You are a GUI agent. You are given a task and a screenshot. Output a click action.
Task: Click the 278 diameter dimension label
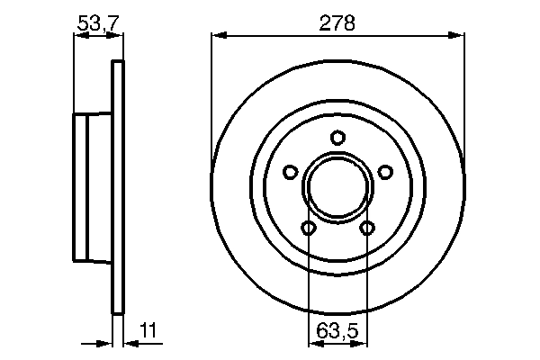tap(337, 23)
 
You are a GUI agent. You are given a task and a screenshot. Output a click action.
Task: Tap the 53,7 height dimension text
tap(97, 23)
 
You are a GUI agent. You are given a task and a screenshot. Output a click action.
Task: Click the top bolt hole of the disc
tap(337, 138)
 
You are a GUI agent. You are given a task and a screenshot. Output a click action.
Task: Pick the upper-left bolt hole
tap(290, 172)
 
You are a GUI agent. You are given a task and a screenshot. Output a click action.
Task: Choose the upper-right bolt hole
tap(385, 172)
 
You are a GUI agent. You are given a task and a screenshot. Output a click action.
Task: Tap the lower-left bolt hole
tap(309, 229)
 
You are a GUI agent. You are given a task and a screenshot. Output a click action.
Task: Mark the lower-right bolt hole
tap(367, 229)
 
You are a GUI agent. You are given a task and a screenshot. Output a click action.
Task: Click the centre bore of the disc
tap(337, 189)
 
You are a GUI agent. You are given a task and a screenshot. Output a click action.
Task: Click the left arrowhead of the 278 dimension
tap(217, 36)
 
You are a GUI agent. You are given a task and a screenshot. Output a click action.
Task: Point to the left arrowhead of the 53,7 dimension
tap(77, 36)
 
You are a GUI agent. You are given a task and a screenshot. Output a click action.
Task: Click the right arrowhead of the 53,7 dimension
tap(114, 36)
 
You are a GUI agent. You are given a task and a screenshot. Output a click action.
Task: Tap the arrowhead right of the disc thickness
tap(127, 342)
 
